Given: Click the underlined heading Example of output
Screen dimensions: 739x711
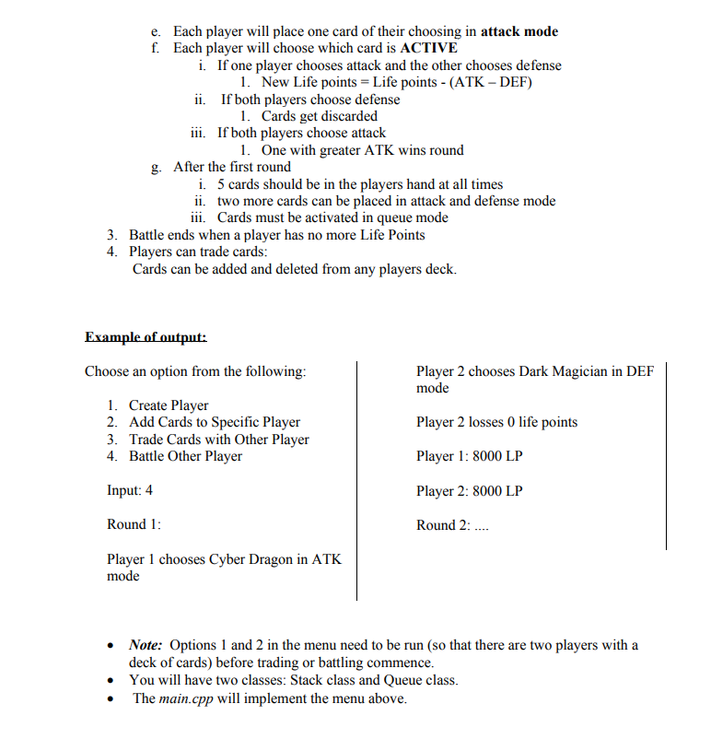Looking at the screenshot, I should [x=146, y=337].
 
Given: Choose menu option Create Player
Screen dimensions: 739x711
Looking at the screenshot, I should [x=169, y=405].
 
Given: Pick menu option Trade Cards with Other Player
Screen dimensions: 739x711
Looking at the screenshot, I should [x=218, y=440].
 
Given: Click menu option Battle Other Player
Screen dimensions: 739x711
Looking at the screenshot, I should [x=185, y=456].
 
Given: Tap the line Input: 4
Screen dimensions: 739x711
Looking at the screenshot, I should [x=130, y=490].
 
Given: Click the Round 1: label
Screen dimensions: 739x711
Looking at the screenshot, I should [x=134, y=524].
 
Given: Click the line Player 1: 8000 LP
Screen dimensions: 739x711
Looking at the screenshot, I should [x=469, y=456].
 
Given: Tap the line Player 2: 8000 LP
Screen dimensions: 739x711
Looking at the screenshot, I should [x=469, y=491].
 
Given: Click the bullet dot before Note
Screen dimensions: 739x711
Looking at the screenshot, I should [x=111, y=646].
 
